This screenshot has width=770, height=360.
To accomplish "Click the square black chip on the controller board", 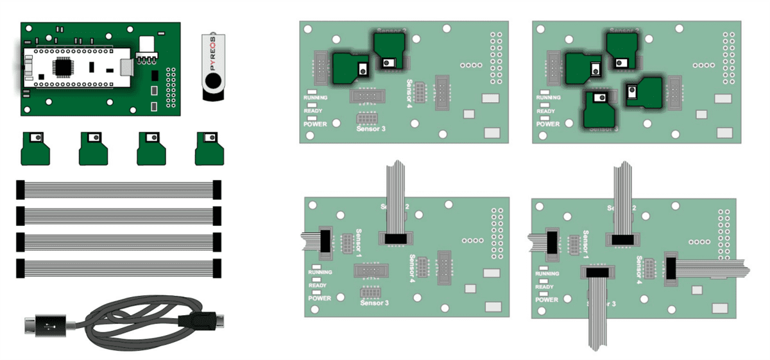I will point(63,66).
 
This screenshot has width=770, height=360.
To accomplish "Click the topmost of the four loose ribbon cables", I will point(119,189).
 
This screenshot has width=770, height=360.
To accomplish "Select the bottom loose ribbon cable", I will point(119,268).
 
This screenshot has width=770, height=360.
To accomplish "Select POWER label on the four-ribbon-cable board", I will point(547,299).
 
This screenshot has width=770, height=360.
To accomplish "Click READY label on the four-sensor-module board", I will point(545,111).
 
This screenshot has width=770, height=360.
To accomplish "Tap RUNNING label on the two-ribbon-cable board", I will point(320,272).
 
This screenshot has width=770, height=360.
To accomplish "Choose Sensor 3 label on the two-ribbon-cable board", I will point(375,303).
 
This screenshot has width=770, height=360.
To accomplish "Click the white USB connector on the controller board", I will point(147,44).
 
